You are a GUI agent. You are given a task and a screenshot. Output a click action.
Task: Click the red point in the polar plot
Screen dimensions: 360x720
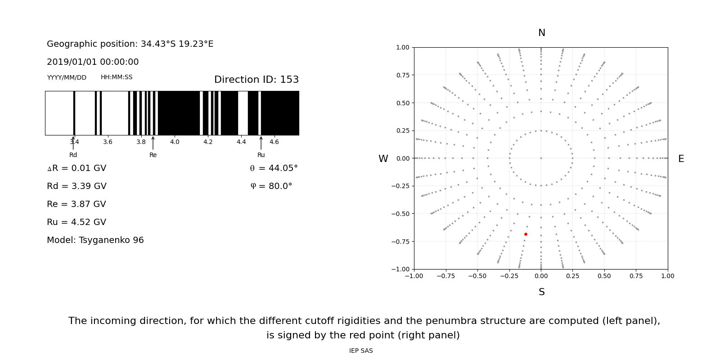(526, 234)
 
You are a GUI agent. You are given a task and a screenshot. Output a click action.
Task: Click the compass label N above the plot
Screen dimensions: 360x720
(541, 33)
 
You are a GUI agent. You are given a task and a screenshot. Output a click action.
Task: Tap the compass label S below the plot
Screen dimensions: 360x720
(541, 292)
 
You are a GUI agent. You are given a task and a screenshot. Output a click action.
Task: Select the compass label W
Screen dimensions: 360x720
(383, 159)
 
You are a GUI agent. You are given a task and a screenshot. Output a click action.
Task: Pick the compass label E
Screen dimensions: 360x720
(681, 159)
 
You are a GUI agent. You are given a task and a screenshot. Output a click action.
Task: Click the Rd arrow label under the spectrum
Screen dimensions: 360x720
(73, 155)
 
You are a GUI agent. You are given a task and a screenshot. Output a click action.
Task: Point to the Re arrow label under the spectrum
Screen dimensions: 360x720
(153, 155)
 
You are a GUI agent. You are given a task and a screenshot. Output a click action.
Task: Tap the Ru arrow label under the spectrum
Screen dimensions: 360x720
(261, 155)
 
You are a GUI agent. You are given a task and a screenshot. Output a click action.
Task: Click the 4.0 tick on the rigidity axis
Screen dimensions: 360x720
(175, 142)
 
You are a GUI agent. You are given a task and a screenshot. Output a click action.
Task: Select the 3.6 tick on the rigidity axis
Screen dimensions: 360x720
(108, 142)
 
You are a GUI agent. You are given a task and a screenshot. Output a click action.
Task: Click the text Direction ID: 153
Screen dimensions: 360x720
(256, 80)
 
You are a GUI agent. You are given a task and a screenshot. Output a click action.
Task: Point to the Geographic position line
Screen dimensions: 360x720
(130, 44)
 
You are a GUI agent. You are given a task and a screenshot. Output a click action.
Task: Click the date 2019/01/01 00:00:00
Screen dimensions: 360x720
(93, 62)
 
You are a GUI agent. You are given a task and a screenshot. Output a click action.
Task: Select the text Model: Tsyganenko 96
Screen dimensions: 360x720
(95, 240)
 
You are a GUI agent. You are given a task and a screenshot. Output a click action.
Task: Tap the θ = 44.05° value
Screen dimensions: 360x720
(274, 168)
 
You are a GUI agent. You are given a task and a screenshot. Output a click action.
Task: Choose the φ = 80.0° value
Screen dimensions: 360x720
(271, 186)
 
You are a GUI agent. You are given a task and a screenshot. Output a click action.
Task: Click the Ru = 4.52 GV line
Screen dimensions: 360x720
(76, 222)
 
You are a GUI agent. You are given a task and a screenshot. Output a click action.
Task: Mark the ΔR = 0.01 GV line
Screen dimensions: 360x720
(76, 168)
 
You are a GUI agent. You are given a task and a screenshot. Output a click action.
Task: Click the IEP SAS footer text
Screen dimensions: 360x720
(361, 351)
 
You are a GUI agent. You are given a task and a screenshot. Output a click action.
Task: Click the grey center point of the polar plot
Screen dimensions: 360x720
(541, 158)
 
